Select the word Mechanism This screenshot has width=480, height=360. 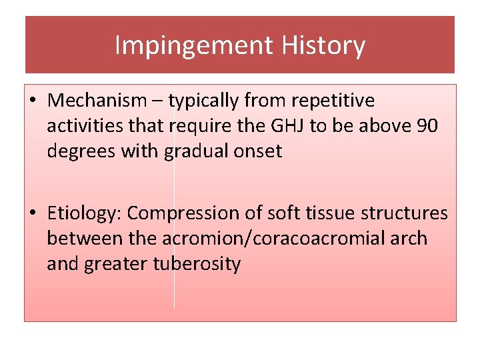tap(97, 101)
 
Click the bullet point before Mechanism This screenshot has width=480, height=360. tap(33, 101)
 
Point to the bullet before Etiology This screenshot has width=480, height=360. tap(33, 213)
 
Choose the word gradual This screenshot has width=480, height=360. tap(193, 152)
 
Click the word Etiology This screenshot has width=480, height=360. tap(85, 213)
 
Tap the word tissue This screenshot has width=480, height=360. tap(328, 213)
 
